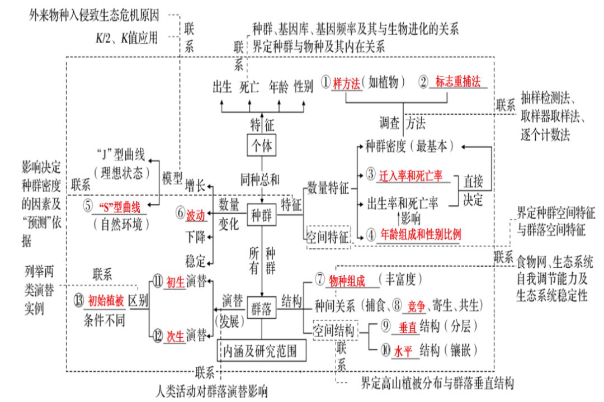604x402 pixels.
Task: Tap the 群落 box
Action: (262, 308)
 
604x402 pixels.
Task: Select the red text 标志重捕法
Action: (458, 82)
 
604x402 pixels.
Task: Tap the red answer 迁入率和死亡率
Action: (411, 174)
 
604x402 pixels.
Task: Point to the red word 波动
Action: (196, 214)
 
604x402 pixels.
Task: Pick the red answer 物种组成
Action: (347, 280)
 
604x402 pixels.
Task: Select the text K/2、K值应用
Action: (126, 38)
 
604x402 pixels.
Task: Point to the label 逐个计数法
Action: (550, 136)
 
